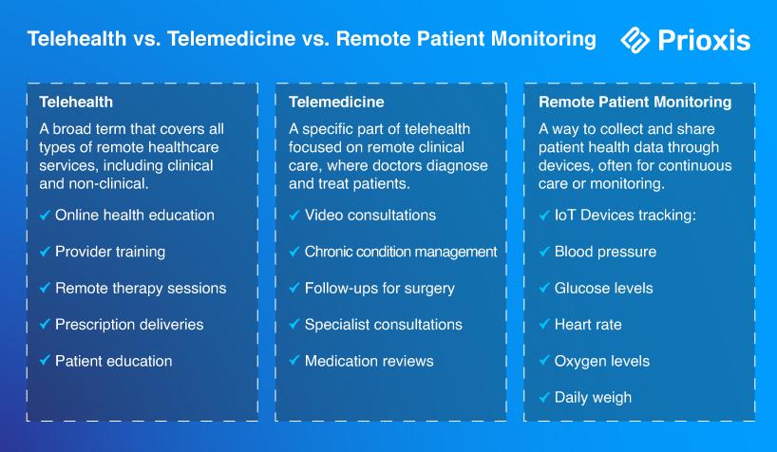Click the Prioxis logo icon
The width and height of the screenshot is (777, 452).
635,40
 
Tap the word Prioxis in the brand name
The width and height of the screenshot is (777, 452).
704,40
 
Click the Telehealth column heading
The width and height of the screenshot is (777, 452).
76,103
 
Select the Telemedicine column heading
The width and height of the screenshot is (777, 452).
336,103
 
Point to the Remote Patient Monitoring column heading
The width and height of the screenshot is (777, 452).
635,103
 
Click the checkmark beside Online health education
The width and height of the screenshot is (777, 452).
45,216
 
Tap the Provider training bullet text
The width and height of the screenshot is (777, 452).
110,252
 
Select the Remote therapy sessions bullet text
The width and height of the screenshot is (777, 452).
141,289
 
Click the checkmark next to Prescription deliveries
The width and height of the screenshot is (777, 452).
45,324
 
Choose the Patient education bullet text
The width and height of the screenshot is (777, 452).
113,361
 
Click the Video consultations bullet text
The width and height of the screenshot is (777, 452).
370,216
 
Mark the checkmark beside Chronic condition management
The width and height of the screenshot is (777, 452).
294,252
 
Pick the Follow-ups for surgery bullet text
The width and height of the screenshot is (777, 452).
380,289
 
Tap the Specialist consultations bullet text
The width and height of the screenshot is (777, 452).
383,325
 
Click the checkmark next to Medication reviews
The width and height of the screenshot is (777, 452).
294,360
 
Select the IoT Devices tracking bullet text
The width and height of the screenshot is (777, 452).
625,216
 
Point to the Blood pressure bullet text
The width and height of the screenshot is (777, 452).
605,252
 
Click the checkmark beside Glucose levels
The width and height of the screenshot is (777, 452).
544,288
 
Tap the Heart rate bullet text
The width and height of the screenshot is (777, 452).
588,325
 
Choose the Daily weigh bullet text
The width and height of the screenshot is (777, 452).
593,398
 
